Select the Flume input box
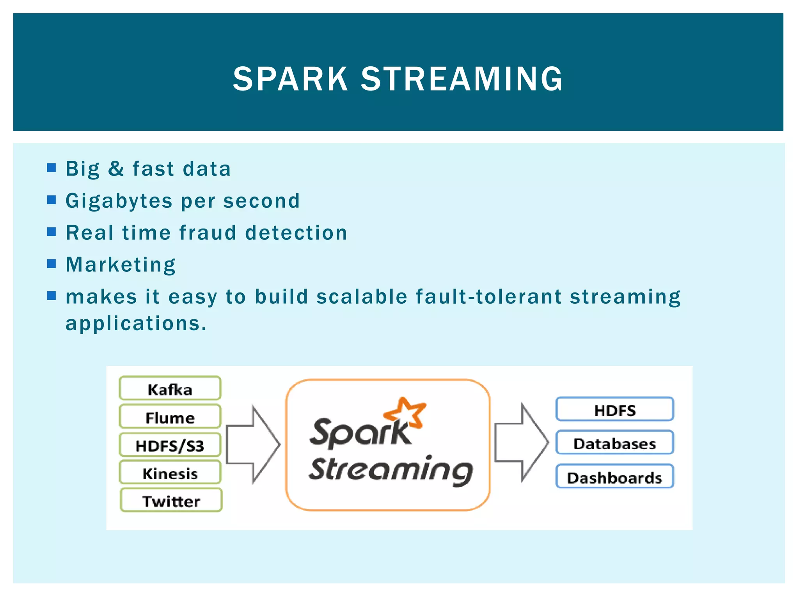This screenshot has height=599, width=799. point(170,417)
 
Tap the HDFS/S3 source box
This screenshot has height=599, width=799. point(170,445)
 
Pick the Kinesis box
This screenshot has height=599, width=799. point(170,473)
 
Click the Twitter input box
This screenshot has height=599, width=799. point(171,500)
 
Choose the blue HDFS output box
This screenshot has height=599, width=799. point(614,409)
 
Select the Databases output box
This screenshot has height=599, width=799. point(614,443)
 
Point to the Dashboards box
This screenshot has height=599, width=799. point(614,477)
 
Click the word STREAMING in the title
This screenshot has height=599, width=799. point(462,79)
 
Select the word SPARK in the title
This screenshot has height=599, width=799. point(290,79)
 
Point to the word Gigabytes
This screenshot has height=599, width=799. point(119,201)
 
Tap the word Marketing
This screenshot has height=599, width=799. point(121,265)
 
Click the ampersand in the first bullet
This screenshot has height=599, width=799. point(116,169)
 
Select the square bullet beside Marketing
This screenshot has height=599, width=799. point(51,264)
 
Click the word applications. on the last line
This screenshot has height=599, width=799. point(136,324)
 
